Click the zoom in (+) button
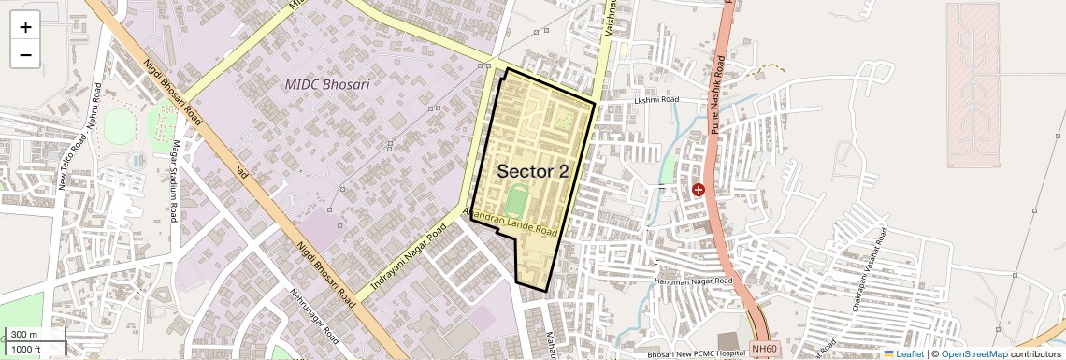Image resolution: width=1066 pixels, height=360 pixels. pyautogui.click(x=25, y=27)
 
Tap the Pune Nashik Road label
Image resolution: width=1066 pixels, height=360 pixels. pyautogui.click(x=718, y=94)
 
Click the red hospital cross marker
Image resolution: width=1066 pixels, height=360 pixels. pyautogui.click(x=698, y=190)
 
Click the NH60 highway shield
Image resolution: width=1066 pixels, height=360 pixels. pyautogui.click(x=764, y=350)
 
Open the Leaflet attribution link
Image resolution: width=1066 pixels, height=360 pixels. pyautogui.click(x=903, y=354)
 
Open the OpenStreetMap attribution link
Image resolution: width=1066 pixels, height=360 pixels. pyautogui.click(x=974, y=354)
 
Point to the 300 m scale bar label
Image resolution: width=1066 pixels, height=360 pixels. pyautogui.click(x=24, y=335)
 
